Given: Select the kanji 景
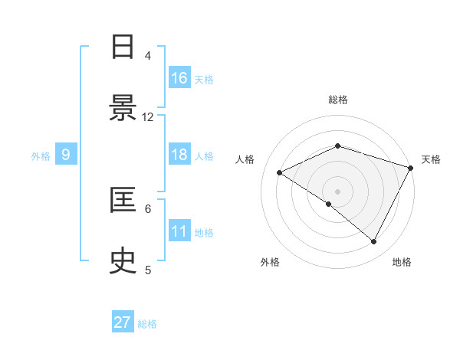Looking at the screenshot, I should coord(123,109).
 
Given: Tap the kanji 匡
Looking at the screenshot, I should coord(123,200).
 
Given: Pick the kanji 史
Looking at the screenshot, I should coord(123,261).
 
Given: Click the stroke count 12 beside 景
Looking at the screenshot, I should coord(148,116).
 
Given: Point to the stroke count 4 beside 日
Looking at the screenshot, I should coord(148,55).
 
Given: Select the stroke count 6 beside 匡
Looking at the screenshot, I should coord(148,208).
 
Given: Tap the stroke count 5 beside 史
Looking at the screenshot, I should coord(148,270).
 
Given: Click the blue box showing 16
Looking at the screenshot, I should coord(179,78).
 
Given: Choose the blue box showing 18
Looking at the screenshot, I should coord(179,155).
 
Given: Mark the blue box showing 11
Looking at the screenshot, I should coord(179,231).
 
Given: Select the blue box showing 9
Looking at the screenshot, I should coord(66,155).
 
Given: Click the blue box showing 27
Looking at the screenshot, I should coord(123,322).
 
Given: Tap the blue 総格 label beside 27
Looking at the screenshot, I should coord(148,324).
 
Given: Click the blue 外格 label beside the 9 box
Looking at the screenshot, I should coord(41,155).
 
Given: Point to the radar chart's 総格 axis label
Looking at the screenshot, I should coord(338,100).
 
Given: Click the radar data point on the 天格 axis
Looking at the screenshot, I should coord(411,168).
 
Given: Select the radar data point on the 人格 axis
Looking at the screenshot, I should coord(280,173).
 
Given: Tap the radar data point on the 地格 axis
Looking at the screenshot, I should coord(374,241).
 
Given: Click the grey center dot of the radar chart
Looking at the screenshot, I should coord(338,191).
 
